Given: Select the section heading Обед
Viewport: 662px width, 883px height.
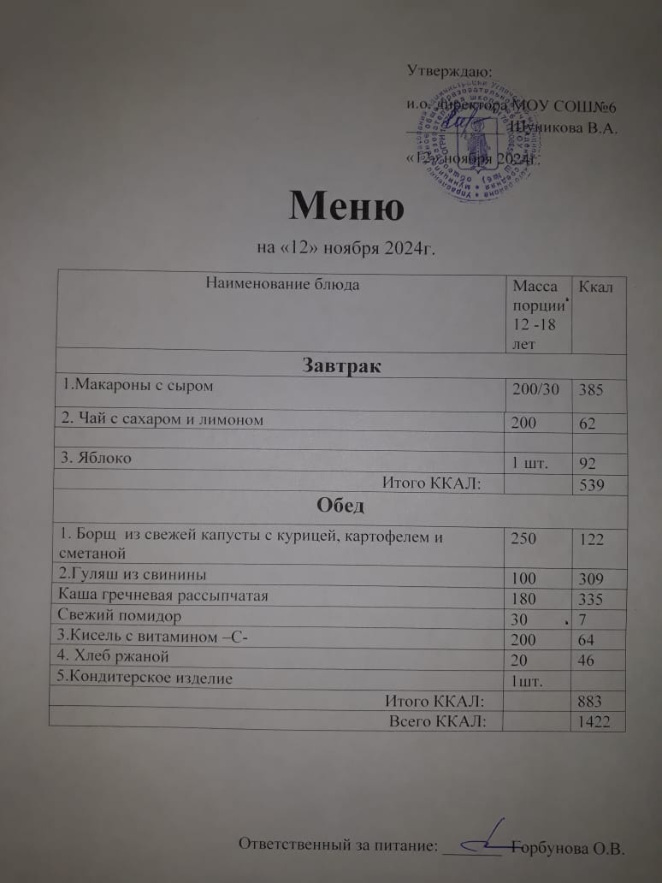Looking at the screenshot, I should [x=340, y=505].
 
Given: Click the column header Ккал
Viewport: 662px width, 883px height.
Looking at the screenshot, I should [x=597, y=287].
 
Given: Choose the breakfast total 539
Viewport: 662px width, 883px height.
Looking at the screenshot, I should [x=592, y=485].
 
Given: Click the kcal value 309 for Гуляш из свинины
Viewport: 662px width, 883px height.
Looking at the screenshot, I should [x=591, y=575].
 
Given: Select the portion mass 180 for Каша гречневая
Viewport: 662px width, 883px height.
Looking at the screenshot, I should [x=523, y=596].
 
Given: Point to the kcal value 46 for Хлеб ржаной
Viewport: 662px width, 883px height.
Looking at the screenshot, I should [x=588, y=657].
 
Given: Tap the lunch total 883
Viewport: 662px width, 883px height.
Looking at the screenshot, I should [x=592, y=701].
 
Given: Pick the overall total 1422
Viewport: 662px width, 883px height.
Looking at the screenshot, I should [x=594, y=722].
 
